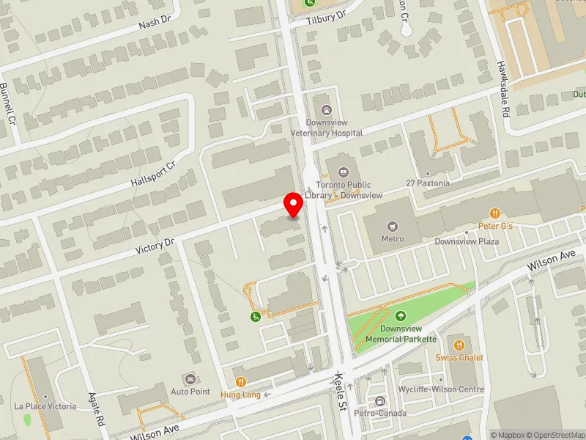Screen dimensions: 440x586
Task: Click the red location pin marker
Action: [294, 205]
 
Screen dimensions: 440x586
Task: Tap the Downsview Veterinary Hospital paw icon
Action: [326, 110]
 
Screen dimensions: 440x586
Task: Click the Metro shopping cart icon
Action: [393, 226]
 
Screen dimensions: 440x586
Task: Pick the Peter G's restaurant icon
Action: [495, 213]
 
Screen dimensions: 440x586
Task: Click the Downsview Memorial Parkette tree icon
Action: [400, 317]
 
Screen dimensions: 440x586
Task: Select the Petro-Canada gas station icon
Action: [379, 401]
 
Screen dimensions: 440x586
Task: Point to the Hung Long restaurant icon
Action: [240, 381]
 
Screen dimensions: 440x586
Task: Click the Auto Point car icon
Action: [190, 378]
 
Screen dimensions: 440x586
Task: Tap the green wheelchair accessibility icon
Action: [254, 317]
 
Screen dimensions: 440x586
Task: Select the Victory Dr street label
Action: [155, 245]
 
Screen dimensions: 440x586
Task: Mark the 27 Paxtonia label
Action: [428, 183]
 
